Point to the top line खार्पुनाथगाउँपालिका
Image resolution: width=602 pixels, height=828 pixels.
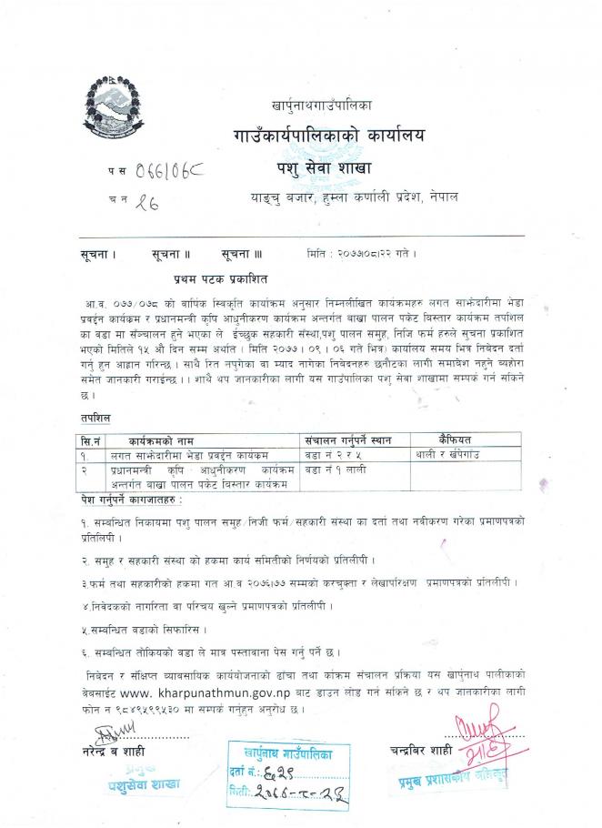[321, 106]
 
